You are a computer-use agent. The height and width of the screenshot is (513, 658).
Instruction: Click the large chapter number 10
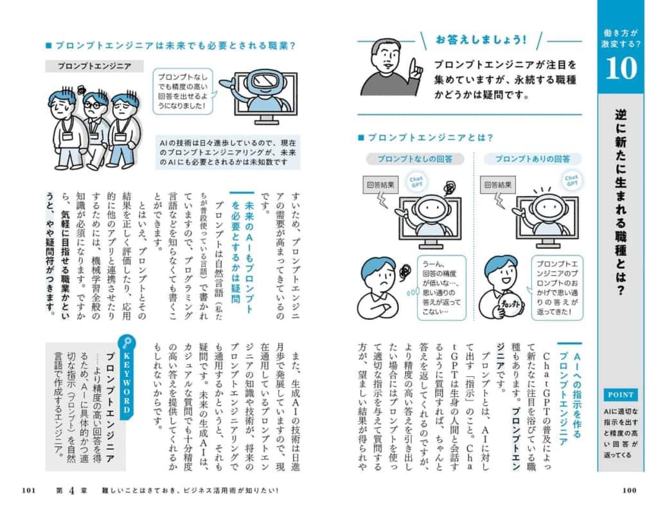tap(621, 68)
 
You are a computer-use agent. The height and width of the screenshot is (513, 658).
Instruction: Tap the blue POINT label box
tap(621, 395)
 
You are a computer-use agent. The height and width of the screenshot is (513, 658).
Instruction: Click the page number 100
tap(629, 491)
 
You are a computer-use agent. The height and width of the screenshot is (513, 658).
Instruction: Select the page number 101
tap(28, 491)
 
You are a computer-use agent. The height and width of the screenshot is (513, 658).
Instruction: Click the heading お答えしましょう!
tap(481, 40)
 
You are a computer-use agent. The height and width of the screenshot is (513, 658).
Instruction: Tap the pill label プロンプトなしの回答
tap(414, 159)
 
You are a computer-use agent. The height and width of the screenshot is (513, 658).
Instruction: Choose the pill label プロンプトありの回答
tap(533, 159)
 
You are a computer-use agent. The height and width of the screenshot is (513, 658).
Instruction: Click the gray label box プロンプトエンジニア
tap(94, 66)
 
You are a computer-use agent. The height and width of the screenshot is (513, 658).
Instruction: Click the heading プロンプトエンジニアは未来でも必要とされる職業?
tap(171, 46)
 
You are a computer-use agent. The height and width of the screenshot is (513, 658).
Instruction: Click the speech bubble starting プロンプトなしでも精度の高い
tap(183, 91)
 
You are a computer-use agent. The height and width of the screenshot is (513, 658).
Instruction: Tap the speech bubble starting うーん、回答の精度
tap(441, 287)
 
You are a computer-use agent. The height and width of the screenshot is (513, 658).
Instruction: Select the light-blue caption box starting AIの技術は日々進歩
tap(228, 152)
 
